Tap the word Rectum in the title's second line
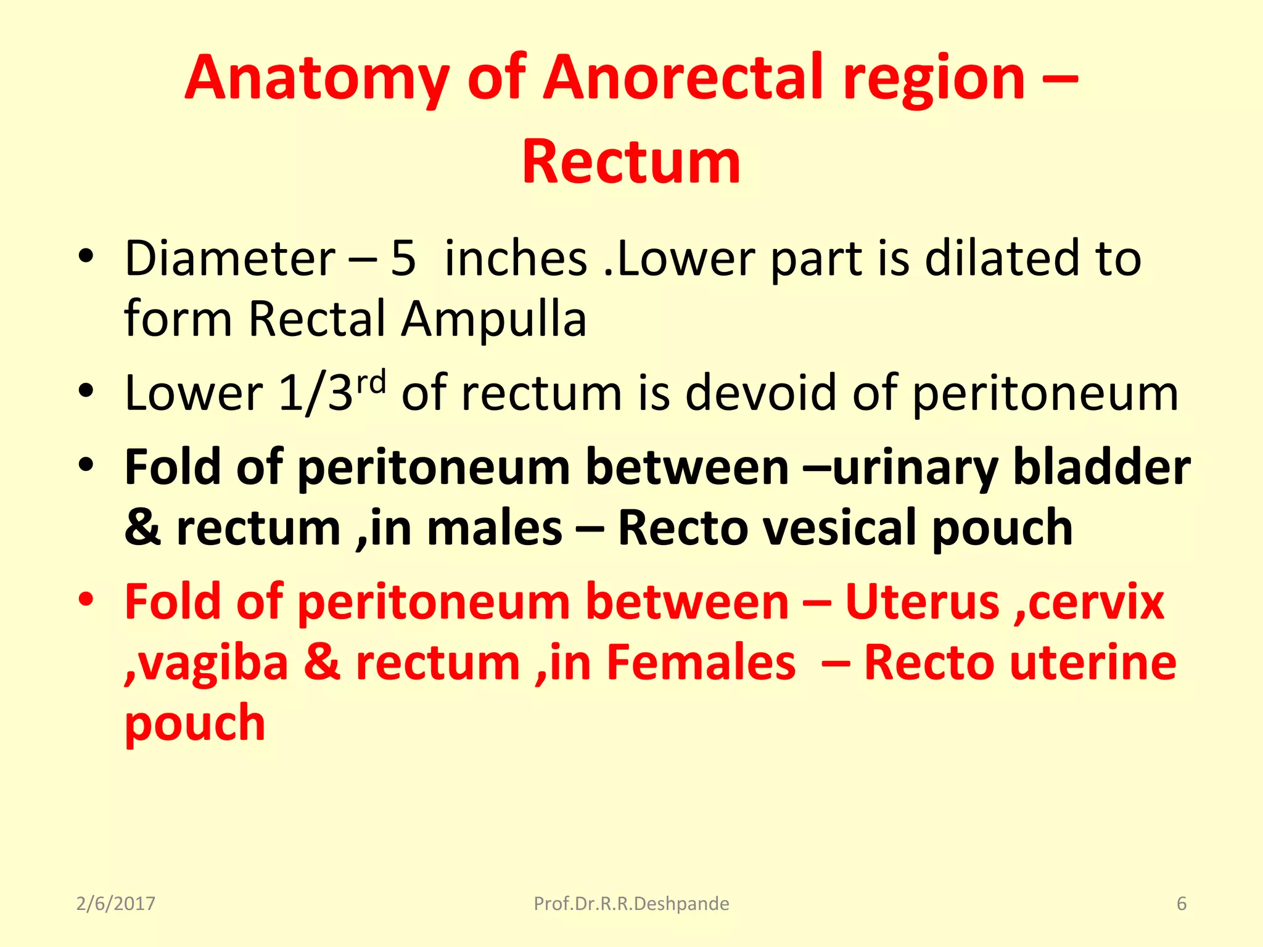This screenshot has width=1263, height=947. [631, 162]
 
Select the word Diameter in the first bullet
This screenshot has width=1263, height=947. [229, 258]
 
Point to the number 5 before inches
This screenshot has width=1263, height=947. [403, 258]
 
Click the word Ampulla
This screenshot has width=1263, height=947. [493, 319]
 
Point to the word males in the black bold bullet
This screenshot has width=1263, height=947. [495, 528]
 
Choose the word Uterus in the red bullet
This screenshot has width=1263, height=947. [922, 602]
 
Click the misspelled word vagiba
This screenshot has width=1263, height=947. [207, 663]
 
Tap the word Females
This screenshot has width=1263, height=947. [701, 663]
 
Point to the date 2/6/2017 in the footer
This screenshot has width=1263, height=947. [115, 904]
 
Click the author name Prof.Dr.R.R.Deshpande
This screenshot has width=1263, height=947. [631, 904]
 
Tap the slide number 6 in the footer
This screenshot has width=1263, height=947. [1182, 904]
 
